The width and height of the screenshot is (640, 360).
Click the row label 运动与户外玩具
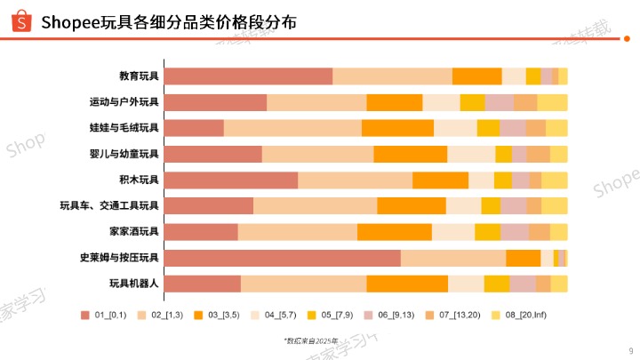click(124, 102)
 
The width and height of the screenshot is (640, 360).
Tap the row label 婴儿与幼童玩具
click(124, 154)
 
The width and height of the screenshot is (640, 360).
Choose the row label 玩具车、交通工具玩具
click(109, 206)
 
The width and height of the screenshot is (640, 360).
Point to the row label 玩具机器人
click(133, 284)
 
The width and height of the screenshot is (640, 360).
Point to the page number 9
click(628, 349)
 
